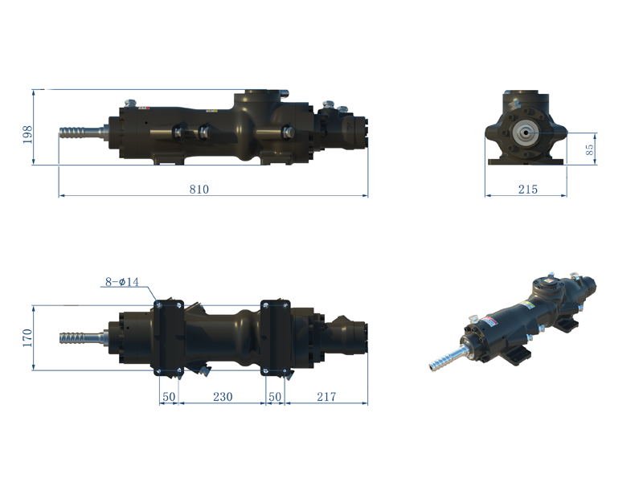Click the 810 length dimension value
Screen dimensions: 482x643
[199, 190]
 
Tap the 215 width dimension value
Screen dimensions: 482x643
[527, 190]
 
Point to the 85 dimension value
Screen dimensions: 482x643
[590, 149]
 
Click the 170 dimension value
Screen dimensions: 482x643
[27, 337]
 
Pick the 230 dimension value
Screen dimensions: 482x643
[222, 396]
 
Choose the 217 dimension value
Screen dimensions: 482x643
[326, 396]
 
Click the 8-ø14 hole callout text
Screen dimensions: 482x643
[122, 282]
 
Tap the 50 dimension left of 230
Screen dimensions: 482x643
[169, 396]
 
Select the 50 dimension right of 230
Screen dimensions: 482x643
[275, 396]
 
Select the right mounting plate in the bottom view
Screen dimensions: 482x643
[275, 337]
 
